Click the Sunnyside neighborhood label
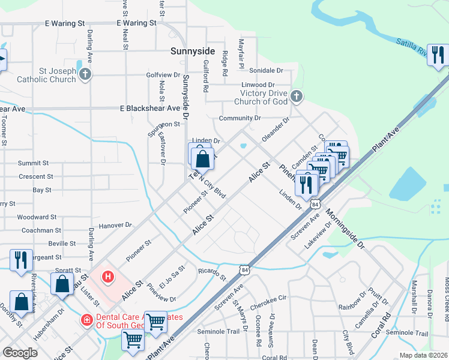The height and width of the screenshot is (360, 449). (x=192, y=52)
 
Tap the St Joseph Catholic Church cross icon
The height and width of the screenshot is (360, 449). (x=85, y=75)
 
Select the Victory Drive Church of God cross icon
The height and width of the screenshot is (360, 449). (x=296, y=96)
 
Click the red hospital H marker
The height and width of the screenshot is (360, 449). (x=107, y=277)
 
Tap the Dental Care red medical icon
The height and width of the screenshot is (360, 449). (x=88, y=320)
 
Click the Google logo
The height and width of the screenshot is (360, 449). (x=20, y=353)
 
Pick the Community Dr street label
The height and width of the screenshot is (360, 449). (x=240, y=118)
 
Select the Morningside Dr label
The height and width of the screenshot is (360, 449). (x=345, y=229)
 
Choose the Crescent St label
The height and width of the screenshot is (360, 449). (x=36, y=176)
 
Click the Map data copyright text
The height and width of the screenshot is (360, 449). (x=423, y=355)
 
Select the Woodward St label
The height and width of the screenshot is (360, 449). (x=37, y=217)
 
